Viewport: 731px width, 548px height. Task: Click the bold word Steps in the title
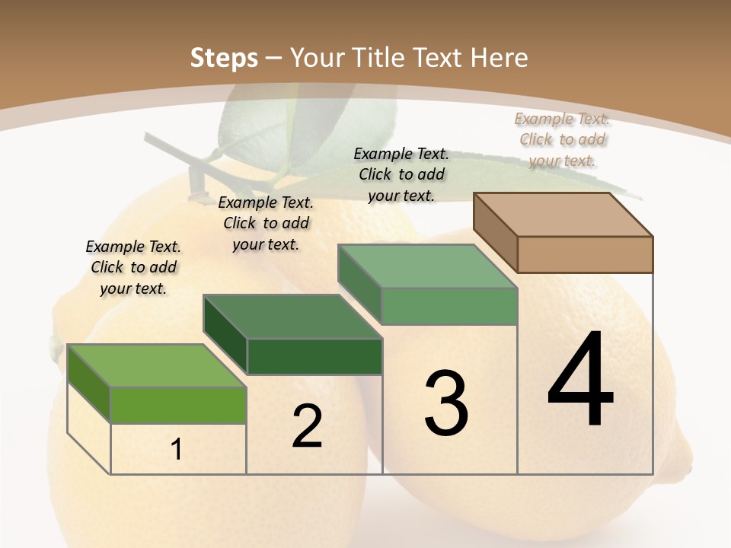pyautogui.click(x=224, y=58)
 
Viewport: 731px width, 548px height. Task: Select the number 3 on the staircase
pyautogui.click(x=446, y=403)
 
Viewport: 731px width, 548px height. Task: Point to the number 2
pyautogui.click(x=307, y=426)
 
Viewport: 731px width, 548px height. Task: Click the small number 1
pyautogui.click(x=177, y=450)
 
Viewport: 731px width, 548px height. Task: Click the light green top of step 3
pyautogui.click(x=427, y=266)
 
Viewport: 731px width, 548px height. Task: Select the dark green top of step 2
pyautogui.click(x=292, y=316)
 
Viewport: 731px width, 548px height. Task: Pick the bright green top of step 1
pyautogui.click(x=157, y=365)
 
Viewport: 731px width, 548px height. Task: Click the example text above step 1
pyautogui.click(x=133, y=267)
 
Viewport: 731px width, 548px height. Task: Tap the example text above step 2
pyautogui.click(x=266, y=223)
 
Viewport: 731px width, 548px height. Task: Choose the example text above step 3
pyautogui.click(x=401, y=174)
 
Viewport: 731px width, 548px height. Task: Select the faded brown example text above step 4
pyautogui.click(x=562, y=139)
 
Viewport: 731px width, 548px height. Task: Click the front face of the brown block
pyautogui.click(x=585, y=254)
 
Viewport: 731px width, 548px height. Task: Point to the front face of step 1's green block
pyautogui.click(x=178, y=405)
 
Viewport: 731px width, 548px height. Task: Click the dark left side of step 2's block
pyautogui.click(x=225, y=335)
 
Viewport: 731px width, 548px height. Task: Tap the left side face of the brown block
pyautogui.click(x=496, y=233)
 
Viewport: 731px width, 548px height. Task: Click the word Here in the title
pyautogui.click(x=499, y=58)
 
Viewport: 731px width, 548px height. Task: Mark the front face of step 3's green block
pyautogui.click(x=449, y=306)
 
